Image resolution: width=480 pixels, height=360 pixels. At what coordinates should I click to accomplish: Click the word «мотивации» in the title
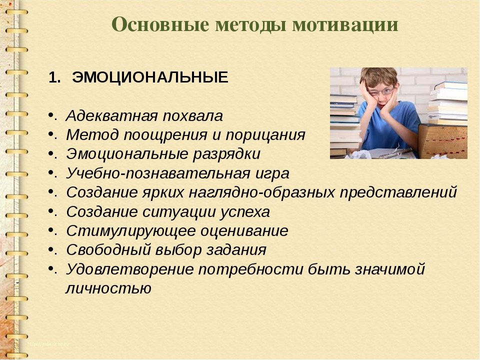click(x=345, y=24)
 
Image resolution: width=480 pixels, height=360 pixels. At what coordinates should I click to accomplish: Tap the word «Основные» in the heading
click(x=160, y=24)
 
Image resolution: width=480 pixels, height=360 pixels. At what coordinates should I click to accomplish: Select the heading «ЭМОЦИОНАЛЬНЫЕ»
click(x=150, y=77)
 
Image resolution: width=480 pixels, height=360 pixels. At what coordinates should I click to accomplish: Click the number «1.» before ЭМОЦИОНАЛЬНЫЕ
click(x=54, y=77)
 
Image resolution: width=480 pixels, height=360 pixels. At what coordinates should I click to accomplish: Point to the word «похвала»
click(x=192, y=116)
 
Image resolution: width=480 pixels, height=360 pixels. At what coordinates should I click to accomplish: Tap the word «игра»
click(x=272, y=174)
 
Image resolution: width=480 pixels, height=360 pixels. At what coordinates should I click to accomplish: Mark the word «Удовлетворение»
click(x=130, y=269)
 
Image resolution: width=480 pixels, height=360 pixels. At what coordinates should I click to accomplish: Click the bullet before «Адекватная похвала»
click(x=51, y=115)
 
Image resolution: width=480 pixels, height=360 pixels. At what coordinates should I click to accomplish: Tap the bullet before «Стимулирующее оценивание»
click(x=51, y=230)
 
